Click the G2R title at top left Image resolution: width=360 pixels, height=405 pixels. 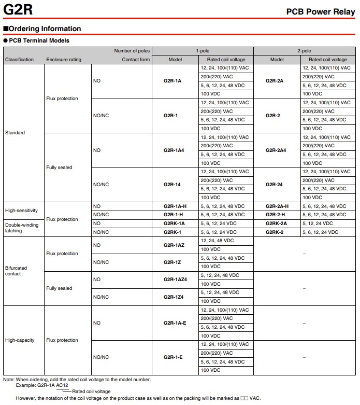pyautogui.click(x=17, y=9)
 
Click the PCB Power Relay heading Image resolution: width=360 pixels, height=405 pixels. pyautogui.click(x=321, y=11)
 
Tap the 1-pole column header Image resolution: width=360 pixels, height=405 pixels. pyautogui.click(x=202, y=51)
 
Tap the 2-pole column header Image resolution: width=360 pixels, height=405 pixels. pyautogui.click(x=304, y=51)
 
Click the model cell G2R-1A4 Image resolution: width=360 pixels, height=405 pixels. pyautogui.click(x=174, y=150)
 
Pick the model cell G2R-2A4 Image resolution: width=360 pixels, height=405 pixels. pyautogui.click(x=276, y=150)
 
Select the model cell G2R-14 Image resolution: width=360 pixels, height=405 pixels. pyautogui.click(x=172, y=185)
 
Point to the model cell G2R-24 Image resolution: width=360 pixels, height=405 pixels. pyautogui.click(x=274, y=185)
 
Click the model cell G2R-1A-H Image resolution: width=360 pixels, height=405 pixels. pyautogui.click(x=175, y=206)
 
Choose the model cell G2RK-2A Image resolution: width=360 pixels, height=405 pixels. pyautogui.click(x=276, y=224)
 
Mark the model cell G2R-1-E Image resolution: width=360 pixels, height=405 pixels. pyautogui.click(x=173, y=357)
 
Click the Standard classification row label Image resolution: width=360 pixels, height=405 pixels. pyautogui.click(x=15, y=133)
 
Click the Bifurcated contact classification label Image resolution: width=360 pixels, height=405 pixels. pyautogui.click(x=16, y=271)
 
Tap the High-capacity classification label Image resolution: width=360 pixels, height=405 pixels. pyautogui.click(x=20, y=340)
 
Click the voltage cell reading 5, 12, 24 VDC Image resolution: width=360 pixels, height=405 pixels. pyautogui.click(x=318, y=224)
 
